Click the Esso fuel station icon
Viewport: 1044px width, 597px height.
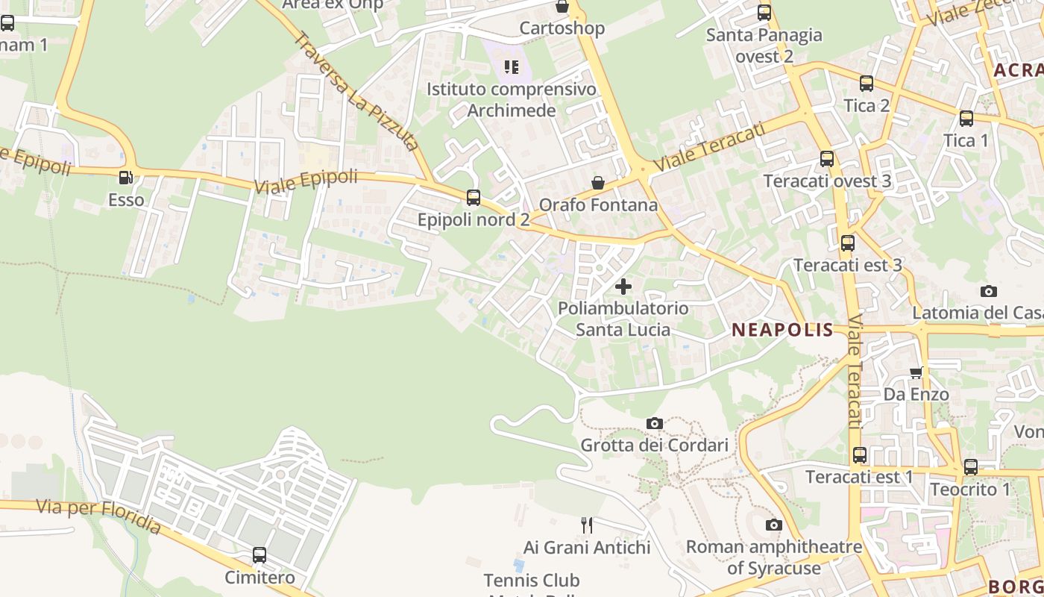(x=125, y=178)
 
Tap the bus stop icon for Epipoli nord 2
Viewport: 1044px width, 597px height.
(x=474, y=198)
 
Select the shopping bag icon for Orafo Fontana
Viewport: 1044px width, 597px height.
(x=597, y=183)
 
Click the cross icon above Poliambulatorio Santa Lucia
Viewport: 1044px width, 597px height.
(x=623, y=286)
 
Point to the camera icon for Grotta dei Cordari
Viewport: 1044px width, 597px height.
(x=655, y=424)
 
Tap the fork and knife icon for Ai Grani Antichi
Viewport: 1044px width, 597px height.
(x=587, y=525)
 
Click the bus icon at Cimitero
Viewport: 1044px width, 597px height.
(x=260, y=555)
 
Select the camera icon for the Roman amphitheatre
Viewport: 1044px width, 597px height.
(x=774, y=525)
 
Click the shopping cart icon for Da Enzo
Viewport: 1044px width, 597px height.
(x=916, y=372)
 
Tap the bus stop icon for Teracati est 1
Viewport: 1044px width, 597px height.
(x=860, y=454)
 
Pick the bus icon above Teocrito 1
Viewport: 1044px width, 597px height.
(x=970, y=467)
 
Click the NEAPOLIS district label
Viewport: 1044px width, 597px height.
(x=782, y=330)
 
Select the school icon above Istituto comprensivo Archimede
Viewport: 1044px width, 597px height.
(x=511, y=68)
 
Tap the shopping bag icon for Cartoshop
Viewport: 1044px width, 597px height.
(x=562, y=7)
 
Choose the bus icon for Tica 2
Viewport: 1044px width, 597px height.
(x=867, y=84)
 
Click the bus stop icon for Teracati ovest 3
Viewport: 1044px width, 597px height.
(x=827, y=159)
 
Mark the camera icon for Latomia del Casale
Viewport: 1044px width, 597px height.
(x=989, y=292)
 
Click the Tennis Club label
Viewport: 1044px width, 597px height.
(x=532, y=580)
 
